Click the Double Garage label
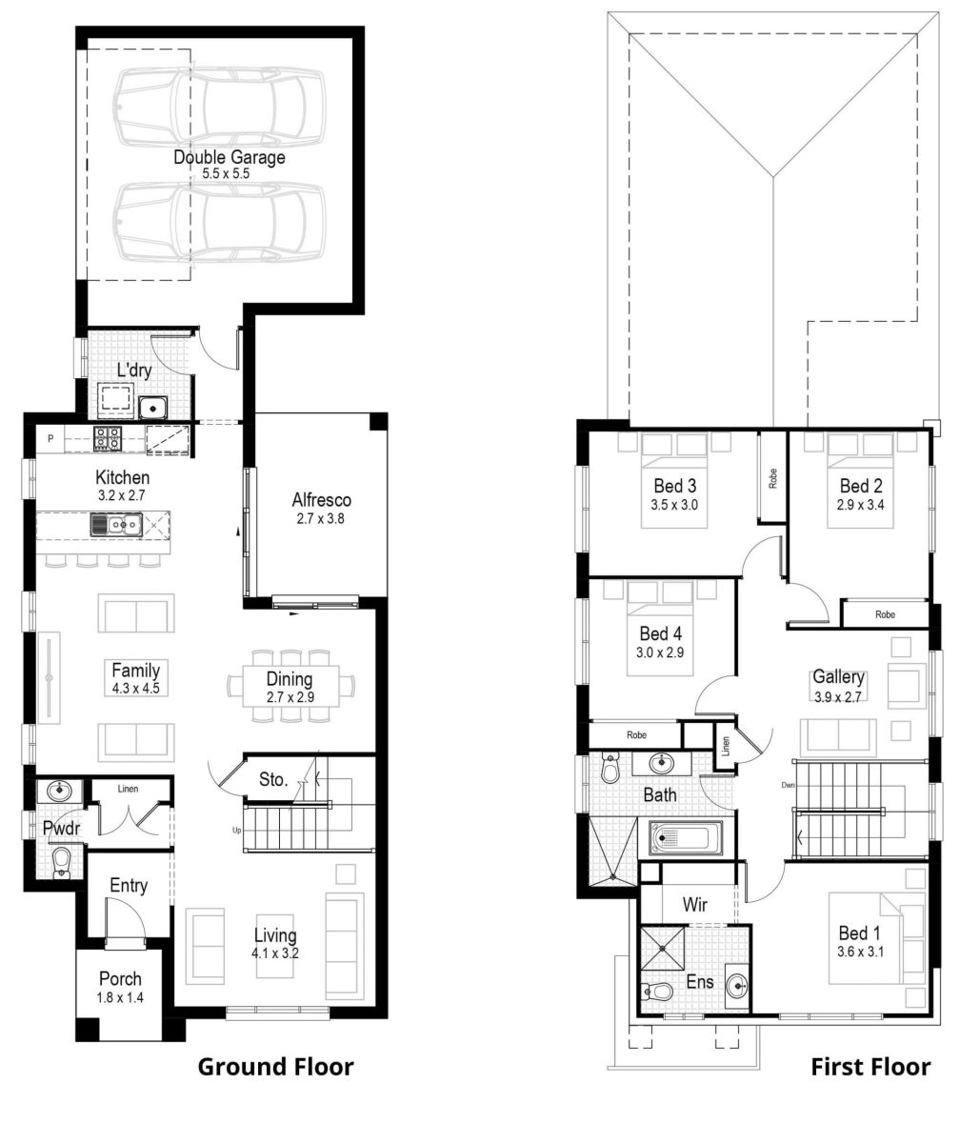coord(229,157)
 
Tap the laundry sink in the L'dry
coord(152,408)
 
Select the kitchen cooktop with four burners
coord(107,439)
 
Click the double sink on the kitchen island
coord(117,524)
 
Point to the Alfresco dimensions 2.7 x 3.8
coord(321,519)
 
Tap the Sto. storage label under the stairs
coord(273,780)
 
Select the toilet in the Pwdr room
coord(62,862)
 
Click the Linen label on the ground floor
coord(129,789)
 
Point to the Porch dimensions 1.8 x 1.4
coord(120,998)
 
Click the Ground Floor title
coord(275,1067)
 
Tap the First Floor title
coord(870,1067)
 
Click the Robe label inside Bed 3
coord(772,478)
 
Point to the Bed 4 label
coord(661,633)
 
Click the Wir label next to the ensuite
coord(696,905)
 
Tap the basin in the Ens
coord(736,986)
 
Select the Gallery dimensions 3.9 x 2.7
coord(838,696)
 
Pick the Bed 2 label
coord(861,486)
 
